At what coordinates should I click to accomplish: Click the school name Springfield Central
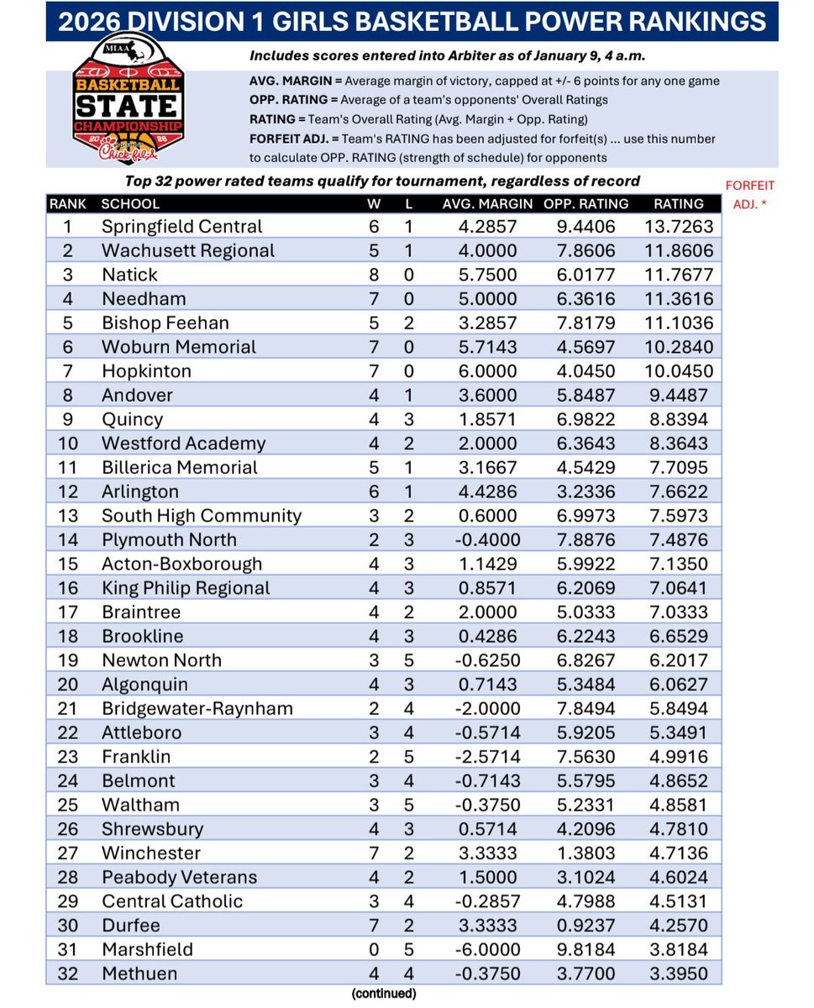pyautogui.click(x=181, y=227)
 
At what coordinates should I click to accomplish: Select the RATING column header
pyautogui.click(x=678, y=203)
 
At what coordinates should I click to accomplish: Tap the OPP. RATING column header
pyautogui.click(x=586, y=203)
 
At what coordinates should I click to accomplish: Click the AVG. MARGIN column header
pyautogui.click(x=488, y=203)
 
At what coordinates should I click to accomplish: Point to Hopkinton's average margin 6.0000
pyautogui.click(x=488, y=371)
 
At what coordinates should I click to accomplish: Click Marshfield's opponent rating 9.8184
pyautogui.click(x=586, y=949)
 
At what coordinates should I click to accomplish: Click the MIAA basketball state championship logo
pyautogui.click(x=126, y=105)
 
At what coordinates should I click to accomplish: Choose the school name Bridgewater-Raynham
pyautogui.click(x=197, y=708)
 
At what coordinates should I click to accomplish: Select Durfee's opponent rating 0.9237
pyautogui.click(x=586, y=925)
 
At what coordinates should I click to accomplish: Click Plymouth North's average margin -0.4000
pyautogui.click(x=488, y=539)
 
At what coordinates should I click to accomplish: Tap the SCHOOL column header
pyautogui.click(x=129, y=203)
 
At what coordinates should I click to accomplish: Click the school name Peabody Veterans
pyautogui.click(x=179, y=877)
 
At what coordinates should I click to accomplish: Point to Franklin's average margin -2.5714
pyautogui.click(x=488, y=756)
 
